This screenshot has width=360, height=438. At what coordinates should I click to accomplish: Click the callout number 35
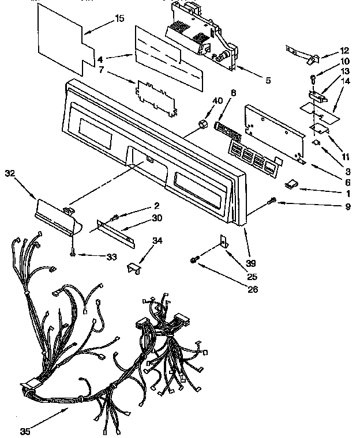coord(24,430)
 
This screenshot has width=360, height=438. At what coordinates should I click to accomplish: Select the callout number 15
coord(119,18)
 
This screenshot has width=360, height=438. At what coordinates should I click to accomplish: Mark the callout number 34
coord(157,240)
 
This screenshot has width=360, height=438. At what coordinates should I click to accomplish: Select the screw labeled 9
coord(273,200)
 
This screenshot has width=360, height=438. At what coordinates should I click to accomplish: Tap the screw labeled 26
coord(193,260)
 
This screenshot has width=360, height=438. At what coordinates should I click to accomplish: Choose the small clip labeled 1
coord(291,184)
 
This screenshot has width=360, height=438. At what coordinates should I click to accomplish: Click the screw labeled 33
coord(72,252)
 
